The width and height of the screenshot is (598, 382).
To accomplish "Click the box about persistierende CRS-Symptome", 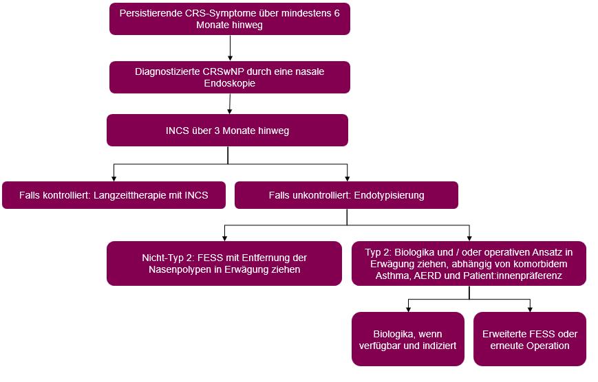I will tap(230, 19).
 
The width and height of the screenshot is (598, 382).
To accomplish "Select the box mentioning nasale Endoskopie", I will tap(230, 77).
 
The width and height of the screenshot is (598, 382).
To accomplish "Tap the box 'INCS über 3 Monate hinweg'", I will tap(227, 130).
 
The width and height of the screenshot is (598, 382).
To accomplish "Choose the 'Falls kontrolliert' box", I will tap(114, 195).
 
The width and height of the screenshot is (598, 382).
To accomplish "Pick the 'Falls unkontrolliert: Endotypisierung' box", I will tap(346, 195).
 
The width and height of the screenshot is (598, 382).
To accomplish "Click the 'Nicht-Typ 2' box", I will tap(224, 263).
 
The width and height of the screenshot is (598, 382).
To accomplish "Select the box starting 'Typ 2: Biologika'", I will tap(469, 263).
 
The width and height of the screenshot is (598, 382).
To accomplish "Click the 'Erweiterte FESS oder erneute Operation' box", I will tap(530, 339).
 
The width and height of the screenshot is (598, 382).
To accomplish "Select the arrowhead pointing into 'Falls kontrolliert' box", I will tap(114, 178).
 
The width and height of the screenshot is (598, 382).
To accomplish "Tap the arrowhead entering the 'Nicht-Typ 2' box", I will tap(224, 238).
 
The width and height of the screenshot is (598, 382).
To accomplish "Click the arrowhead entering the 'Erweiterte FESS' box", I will tap(530, 309).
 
